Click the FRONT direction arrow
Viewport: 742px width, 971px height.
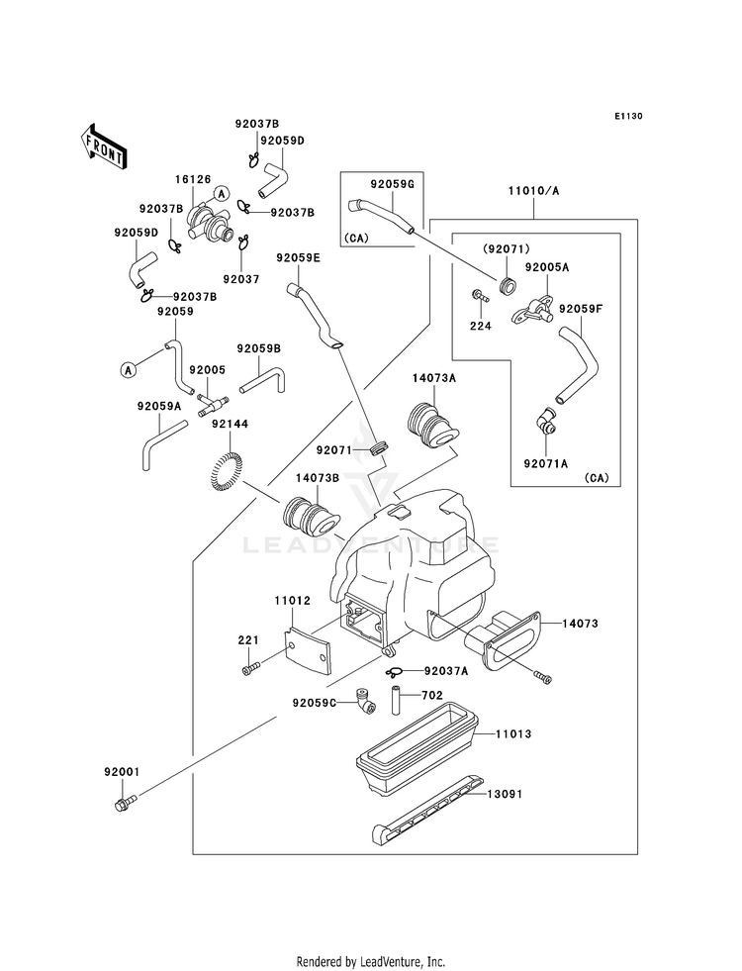[x=103, y=146]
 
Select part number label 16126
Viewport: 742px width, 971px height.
[x=193, y=179]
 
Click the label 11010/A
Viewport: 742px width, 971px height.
[x=533, y=191]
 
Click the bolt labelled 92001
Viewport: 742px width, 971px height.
[x=126, y=802]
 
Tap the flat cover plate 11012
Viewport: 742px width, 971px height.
[x=308, y=648]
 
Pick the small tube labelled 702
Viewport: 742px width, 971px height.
[x=395, y=698]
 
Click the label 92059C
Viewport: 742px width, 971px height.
[x=314, y=703]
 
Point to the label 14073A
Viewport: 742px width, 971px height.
[x=434, y=378]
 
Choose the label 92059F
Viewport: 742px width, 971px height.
[x=581, y=309]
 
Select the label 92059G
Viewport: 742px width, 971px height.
[x=392, y=184]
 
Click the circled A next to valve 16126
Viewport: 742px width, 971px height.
[x=220, y=193]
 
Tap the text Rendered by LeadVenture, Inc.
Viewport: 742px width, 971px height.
[x=371, y=962]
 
